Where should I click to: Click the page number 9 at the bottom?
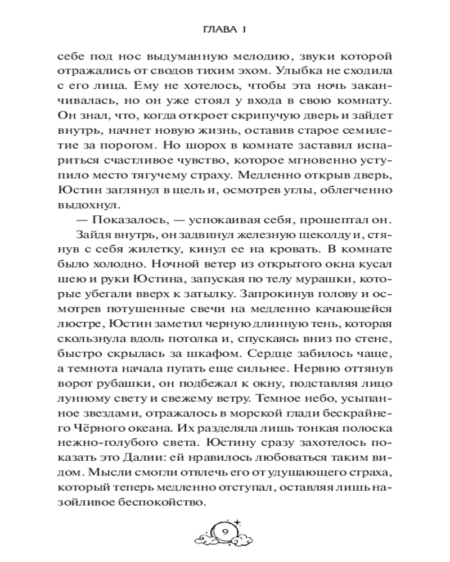[x=224, y=532]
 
